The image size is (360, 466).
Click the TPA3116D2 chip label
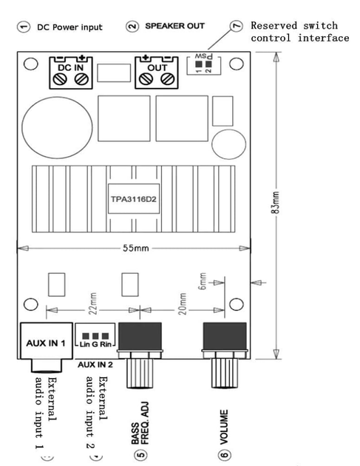click(133, 198)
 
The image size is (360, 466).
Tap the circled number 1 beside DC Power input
click(24, 27)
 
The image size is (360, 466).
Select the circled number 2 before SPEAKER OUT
click(132, 26)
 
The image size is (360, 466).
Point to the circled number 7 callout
click(237, 26)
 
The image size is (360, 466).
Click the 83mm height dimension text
click(275, 203)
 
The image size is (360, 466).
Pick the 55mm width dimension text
click(136, 248)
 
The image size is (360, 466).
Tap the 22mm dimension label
click(93, 303)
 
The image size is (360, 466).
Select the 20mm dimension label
click(183, 304)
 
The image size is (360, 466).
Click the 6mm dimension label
click(203, 281)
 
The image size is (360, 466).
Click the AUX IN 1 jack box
click(47, 340)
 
